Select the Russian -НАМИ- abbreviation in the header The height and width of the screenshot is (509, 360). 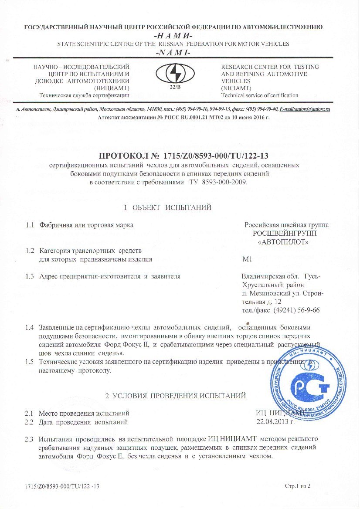tap(180, 35)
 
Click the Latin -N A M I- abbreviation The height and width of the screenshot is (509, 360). tap(180, 53)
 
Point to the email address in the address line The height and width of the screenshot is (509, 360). tap(305, 109)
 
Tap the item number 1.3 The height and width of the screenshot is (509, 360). tap(30, 276)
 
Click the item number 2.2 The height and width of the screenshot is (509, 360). tap(30, 422)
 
